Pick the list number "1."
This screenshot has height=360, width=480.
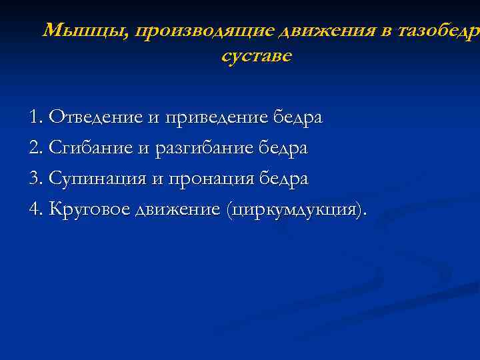(x=37, y=118)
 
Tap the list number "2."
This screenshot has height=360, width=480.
(x=37, y=148)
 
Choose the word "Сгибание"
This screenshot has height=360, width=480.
(x=92, y=149)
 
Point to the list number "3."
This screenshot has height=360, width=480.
(x=37, y=179)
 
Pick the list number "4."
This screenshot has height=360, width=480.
(x=37, y=210)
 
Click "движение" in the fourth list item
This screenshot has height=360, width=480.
(x=177, y=210)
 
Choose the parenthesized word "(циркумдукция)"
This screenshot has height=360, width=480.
(x=296, y=211)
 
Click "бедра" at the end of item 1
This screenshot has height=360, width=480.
(x=298, y=118)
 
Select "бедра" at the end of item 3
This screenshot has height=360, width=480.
(x=285, y=179)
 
